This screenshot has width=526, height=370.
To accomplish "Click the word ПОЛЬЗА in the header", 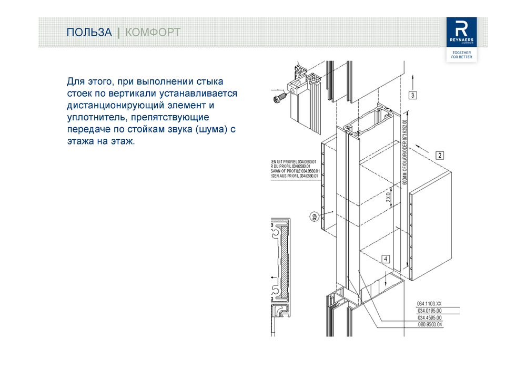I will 89,33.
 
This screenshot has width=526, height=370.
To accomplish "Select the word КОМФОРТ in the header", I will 153,33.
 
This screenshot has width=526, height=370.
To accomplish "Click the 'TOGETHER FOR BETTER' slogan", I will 461,55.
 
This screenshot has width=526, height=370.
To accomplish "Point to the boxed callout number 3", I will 413,95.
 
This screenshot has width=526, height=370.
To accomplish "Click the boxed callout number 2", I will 440,155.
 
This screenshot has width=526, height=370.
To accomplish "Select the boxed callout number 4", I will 386,259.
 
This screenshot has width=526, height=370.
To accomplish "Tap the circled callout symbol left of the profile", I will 314,216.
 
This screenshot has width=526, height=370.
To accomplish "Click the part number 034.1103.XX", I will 430,304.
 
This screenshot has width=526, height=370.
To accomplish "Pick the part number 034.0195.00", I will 430,311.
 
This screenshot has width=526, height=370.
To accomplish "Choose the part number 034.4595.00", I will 430,318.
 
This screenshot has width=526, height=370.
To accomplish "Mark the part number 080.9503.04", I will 430,325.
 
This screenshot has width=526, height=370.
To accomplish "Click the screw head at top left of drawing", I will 278,98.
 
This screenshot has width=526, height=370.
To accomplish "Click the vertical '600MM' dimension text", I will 406,158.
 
